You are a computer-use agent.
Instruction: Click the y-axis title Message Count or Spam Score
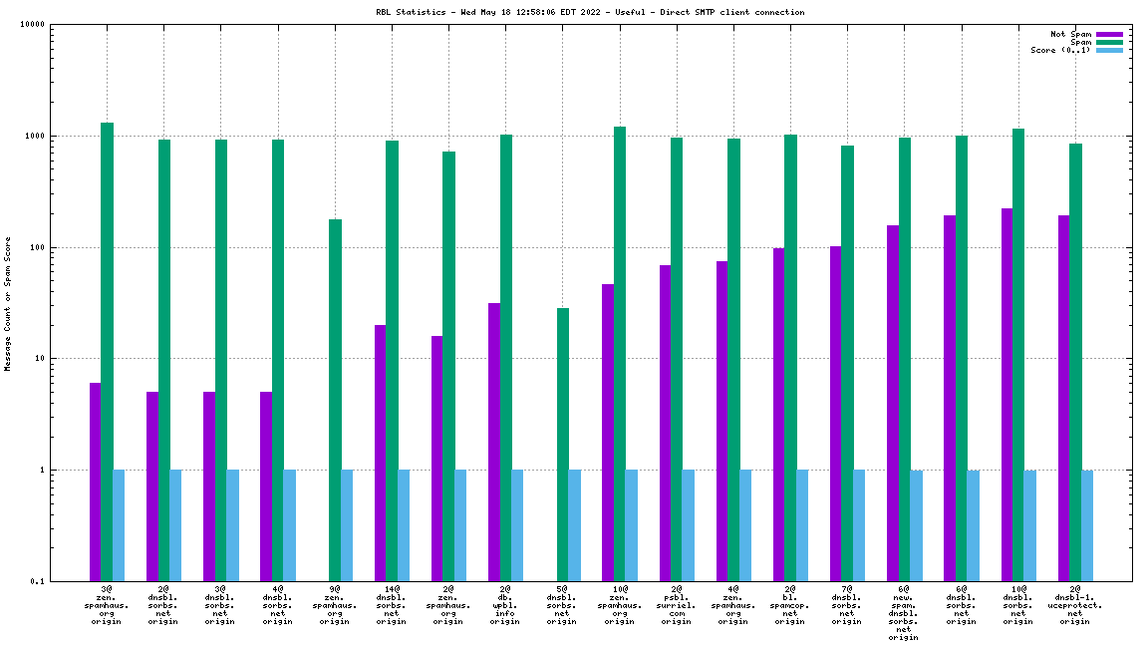8,303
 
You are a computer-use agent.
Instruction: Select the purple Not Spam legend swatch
1108,34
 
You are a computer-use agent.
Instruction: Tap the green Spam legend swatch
1108,42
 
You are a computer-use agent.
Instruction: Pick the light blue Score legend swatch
1108,50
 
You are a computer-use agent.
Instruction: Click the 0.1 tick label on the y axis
38,581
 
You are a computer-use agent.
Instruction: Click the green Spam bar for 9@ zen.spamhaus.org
335,399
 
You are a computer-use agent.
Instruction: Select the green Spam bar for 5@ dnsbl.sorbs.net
563,444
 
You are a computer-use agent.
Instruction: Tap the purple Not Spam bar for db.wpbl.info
494,441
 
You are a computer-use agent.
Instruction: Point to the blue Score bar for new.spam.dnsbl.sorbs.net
916,524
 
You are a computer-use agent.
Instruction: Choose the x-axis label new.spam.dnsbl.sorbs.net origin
904,613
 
